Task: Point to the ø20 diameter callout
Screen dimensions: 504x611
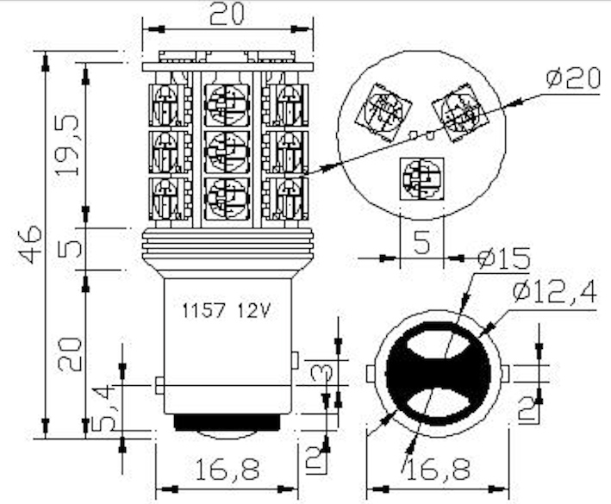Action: point(572,78)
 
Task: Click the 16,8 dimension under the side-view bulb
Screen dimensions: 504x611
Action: point(227,469)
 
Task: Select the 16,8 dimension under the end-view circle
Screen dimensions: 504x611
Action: point(440,469)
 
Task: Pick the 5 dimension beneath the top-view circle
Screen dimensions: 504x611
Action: point(422,243)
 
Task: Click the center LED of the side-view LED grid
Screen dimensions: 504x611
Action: point(226,149)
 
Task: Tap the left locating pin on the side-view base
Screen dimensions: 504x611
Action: point(159,384)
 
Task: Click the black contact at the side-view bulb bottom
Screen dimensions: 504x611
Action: point(227,423)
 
